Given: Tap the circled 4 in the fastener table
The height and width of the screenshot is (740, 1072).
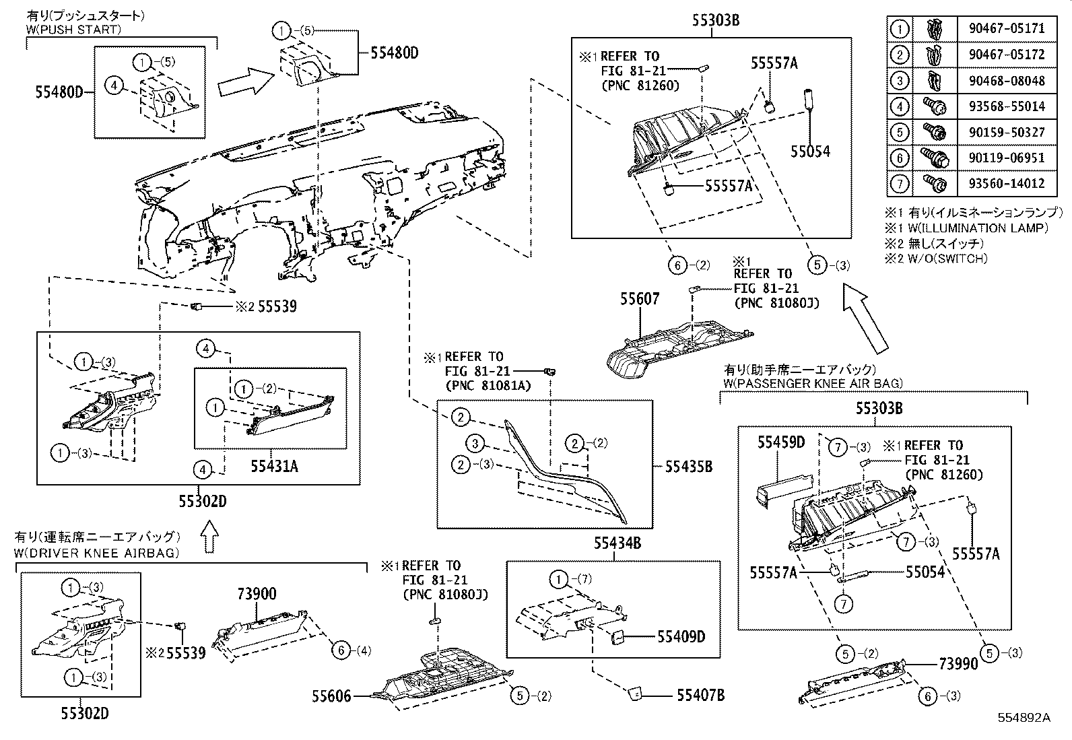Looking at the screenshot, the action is pos(900,106).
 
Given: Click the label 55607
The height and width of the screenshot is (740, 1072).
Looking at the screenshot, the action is pos(640,299).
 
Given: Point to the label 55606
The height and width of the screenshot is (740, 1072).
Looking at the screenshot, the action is pos(331,696).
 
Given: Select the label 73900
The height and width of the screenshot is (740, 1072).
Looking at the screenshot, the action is pos(256,594).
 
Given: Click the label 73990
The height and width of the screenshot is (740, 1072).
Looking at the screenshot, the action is pos(958,664).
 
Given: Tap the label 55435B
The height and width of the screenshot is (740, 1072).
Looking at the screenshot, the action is pos(688,466).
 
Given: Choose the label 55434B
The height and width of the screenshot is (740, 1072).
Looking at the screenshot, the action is pos(617,543).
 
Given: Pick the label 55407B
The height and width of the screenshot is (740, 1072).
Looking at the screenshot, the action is pos(700,696).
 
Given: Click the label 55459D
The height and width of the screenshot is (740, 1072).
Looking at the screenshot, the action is pos(781,442).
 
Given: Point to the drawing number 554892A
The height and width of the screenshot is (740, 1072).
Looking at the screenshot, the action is pos(1024,718).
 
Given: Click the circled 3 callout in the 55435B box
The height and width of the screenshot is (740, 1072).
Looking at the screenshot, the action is pos(475,443).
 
